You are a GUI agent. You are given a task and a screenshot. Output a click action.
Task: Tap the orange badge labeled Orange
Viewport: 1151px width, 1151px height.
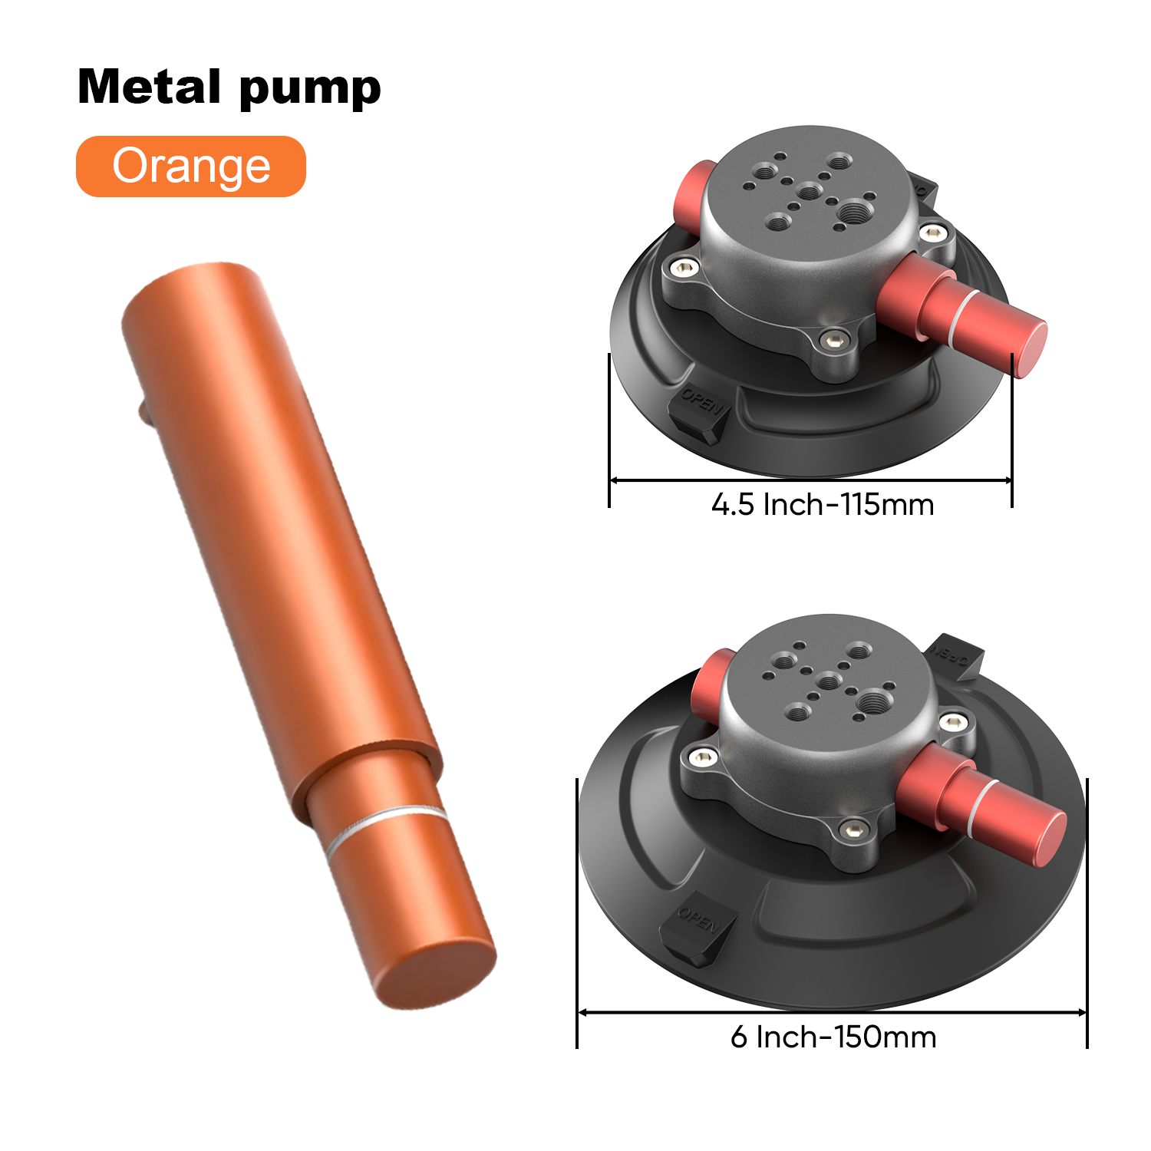(191, 166)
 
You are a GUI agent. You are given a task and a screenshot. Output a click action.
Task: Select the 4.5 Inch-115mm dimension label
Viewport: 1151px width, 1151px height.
(823, 505)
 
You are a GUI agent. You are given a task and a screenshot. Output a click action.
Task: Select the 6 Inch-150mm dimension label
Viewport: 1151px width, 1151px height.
(833, 1037)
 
